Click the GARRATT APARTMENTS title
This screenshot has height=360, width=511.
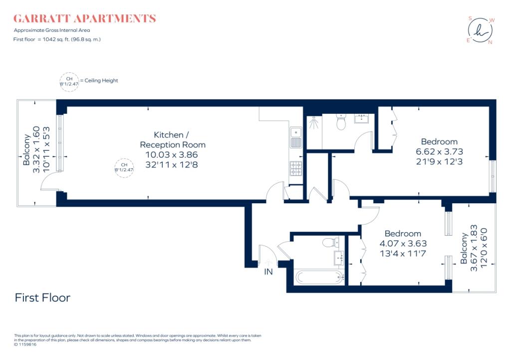(84, 18)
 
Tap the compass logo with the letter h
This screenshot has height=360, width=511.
(481, 30)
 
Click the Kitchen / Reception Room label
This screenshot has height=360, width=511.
(173, 140)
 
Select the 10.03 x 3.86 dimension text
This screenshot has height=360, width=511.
(172, 155)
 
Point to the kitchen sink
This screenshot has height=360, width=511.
(296, 137)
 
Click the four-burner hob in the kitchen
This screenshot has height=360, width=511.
(296, 168)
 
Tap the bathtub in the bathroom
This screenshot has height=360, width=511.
(319, 277)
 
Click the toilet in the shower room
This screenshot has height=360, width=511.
(341, 122)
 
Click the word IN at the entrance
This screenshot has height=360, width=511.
(268, 272)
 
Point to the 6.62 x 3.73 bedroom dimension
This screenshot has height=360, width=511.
(439, 152)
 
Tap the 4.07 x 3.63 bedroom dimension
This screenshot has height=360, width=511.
(403, 244)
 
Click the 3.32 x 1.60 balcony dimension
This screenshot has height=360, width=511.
(36, 149)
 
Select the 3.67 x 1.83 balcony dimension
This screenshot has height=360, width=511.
(474, 248)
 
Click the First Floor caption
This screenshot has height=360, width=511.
(43, 298)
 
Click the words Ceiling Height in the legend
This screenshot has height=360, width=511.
(101, 80)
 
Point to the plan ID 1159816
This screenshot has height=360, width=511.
(25, 345)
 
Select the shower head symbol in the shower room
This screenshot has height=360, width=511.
(314, 123)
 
